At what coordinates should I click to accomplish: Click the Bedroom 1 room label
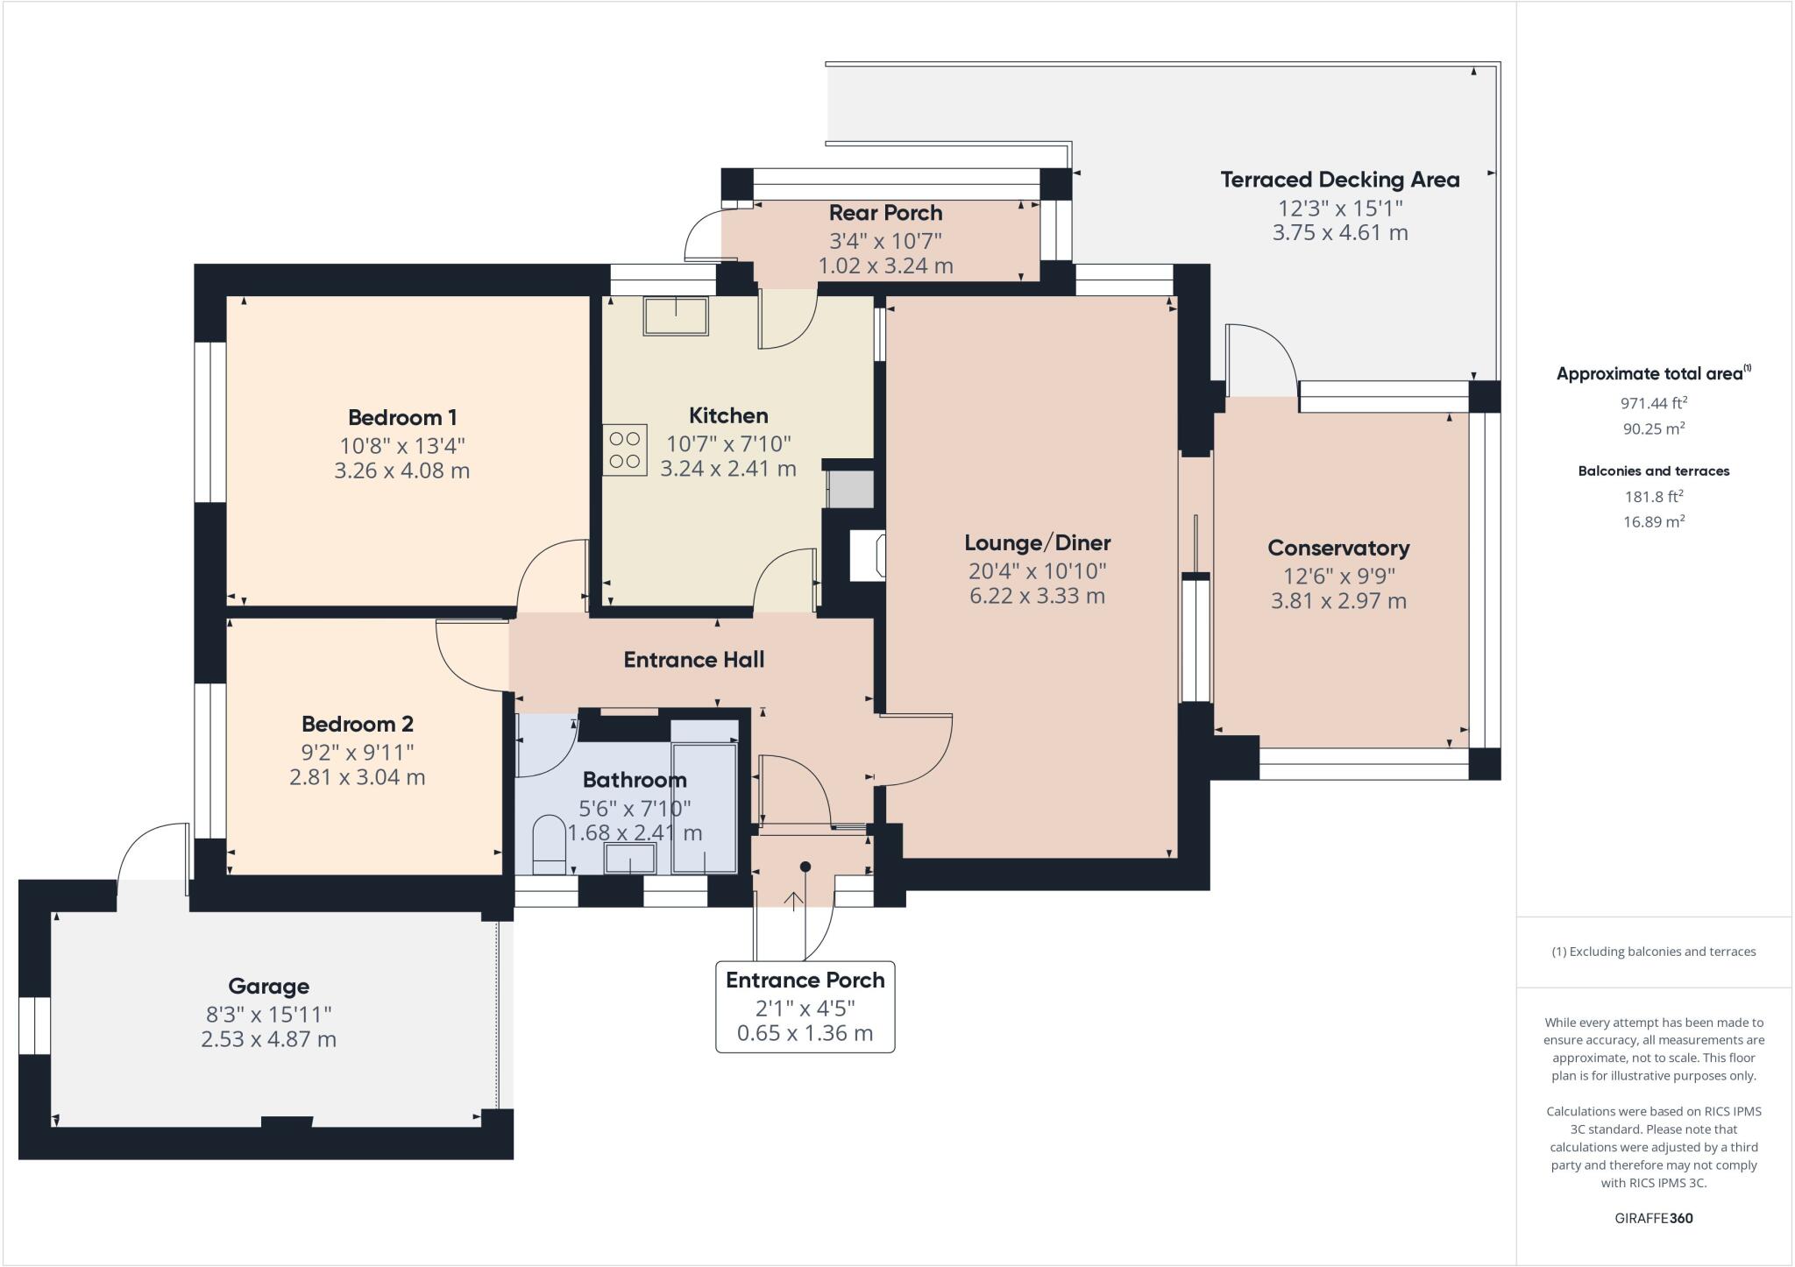[402, 417]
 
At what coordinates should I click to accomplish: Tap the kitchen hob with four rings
[624, 450]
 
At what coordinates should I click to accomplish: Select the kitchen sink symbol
[675, 315]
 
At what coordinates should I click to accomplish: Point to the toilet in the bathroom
[550, 844]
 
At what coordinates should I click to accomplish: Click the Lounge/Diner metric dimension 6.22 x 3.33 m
[1037, 597]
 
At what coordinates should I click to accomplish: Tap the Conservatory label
[1338, 549]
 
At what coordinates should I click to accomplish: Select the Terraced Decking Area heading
[1339, 180]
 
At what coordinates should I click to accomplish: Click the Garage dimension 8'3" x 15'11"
[268, 1014]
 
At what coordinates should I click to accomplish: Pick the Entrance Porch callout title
[805, 980]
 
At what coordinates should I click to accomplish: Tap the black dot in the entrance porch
[805, 867]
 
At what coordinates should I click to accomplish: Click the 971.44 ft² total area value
[1653, 403]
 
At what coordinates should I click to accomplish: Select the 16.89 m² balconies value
[1653, 521]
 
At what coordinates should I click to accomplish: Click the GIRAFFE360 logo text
[1653, 1218]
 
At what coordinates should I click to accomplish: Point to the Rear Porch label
[885, 213]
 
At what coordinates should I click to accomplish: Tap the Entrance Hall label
[693, 660]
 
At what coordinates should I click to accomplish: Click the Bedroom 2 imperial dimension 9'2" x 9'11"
[357, 752]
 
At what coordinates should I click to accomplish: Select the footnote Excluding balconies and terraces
[1653, 952]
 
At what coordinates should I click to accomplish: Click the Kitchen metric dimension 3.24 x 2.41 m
[727, 469]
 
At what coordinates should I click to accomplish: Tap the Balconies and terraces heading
[1653, 471]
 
